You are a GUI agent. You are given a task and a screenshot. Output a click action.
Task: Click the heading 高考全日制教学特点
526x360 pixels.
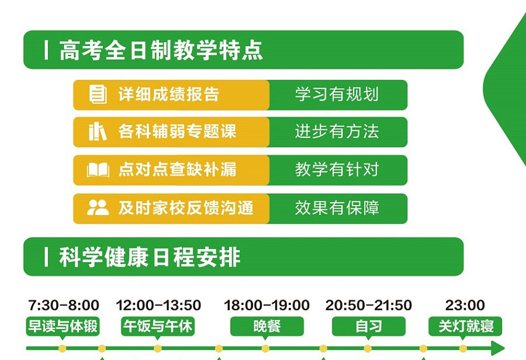click(161, 50)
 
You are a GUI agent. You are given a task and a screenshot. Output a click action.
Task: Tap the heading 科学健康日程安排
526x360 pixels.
click(150, 257)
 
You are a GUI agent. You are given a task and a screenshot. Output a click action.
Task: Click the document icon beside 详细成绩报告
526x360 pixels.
click(98, 94)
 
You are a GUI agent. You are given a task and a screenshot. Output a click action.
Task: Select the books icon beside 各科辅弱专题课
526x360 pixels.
click(97, 131)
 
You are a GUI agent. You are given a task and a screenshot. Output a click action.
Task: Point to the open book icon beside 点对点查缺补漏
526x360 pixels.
click(98, 169)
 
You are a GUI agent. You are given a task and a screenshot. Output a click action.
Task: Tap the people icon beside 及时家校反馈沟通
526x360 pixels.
click(98, 207)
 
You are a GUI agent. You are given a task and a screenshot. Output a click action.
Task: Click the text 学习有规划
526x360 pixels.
click(337, 94)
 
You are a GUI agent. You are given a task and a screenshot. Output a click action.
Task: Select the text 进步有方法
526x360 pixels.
click(337, 131)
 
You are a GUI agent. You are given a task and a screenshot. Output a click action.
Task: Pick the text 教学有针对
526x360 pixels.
click(337, 169)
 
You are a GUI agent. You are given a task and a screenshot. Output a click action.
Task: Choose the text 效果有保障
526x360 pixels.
click(337, 207)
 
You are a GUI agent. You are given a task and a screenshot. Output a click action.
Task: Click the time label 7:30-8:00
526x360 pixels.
click(64, 305)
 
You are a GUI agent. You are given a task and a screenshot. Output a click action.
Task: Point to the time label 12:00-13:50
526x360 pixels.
click(158, 305)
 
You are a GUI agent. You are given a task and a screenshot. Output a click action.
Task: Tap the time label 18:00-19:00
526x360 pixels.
click(267, 305)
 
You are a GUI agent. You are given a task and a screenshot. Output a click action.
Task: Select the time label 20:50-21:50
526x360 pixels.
click(368, 305)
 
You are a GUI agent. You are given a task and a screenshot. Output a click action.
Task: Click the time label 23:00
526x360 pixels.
click(465, 305)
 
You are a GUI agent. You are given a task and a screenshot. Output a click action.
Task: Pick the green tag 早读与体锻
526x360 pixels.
click(63, 326)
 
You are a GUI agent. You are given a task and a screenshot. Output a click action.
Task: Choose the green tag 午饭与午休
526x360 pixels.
click(158, 326)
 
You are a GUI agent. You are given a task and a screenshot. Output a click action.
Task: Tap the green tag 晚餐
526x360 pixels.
click(267, 326)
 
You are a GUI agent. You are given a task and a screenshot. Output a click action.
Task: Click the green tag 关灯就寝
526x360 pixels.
click(465, 326)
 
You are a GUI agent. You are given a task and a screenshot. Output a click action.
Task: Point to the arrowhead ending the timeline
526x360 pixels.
click(499, 348)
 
